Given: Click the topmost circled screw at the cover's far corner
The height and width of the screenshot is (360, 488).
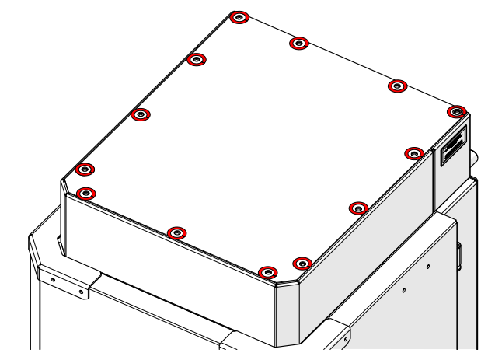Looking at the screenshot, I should [x=240, y=17].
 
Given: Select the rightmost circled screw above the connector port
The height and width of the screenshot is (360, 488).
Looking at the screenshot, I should [x=458, y=112].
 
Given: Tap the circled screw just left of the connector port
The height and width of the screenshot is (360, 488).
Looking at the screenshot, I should [x=414, y=153].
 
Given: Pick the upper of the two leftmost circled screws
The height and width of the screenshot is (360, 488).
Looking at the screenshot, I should [x=85, y=170].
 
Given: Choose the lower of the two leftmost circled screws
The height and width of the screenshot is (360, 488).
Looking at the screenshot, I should [x=86, y=193].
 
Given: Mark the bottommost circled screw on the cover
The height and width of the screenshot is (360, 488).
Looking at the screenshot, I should [x=267, y=272].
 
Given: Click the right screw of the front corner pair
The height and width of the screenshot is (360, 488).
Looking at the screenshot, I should [x=302, y=264].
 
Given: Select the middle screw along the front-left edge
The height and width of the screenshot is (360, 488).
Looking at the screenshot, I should [x=177, y=232].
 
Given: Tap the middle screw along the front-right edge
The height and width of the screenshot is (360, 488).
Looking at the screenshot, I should [x=358, y=208].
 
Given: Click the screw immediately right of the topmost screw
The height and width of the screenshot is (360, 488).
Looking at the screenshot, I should [x=299, y=43].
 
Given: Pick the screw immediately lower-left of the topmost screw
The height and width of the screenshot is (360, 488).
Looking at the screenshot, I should [x=197, y=60].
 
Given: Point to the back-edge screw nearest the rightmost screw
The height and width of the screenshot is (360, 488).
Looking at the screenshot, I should [x=398, y=86].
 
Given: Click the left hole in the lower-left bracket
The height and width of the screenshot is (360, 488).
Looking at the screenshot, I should [x=53, y=278].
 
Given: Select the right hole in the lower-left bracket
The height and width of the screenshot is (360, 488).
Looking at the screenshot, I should [x=79, y=292].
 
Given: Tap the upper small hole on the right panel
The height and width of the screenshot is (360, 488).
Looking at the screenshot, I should [x=427, y=267].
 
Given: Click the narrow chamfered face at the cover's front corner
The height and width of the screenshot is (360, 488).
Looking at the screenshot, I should [x=286, y=315].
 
